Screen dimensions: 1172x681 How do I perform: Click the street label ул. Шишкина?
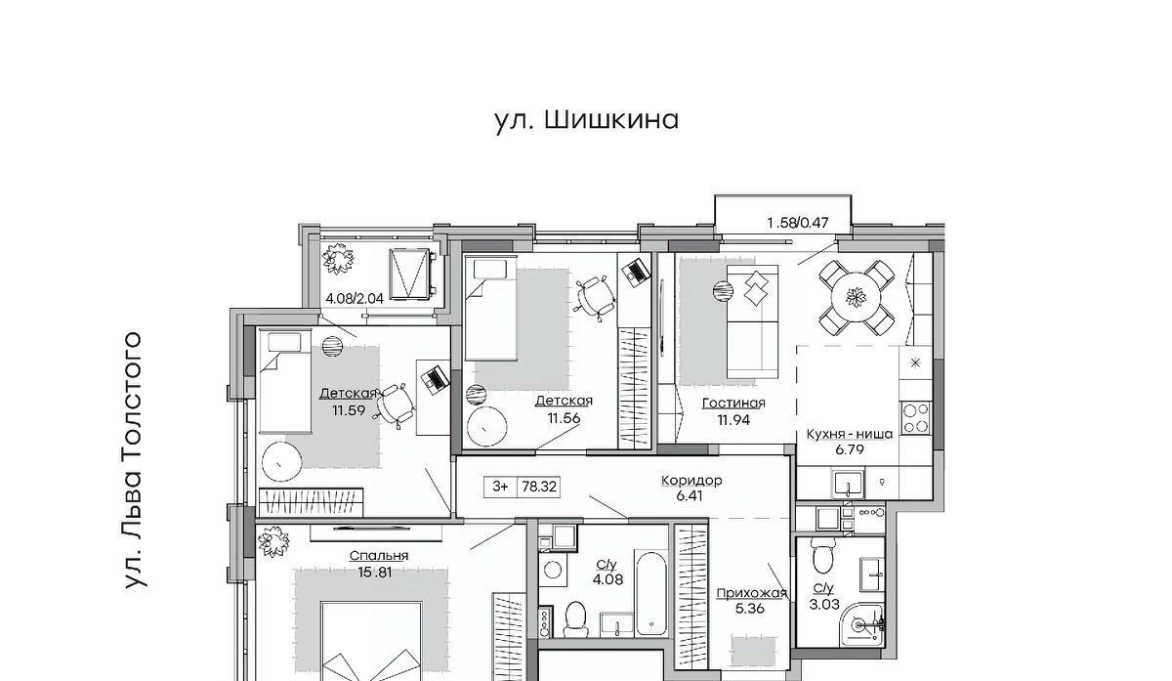tap(587, 120)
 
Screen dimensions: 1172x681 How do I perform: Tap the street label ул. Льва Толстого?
tap(134, 460)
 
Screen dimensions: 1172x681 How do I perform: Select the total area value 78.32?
tap(539, 487)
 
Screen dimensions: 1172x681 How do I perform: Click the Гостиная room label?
tap(733, 404)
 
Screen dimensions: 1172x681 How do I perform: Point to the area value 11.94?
tap(733, 420)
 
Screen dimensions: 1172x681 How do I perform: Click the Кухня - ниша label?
tap(849, 434)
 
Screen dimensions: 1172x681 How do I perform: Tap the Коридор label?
tap(691, 480)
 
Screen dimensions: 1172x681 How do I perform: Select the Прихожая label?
tap(751, 593)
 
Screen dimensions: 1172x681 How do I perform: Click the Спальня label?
tap(379, 556)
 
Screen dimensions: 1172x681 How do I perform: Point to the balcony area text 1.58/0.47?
tap(798, 223)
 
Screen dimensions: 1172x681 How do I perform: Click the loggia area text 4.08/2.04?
tap(355, 299)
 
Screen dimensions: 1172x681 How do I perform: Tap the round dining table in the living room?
tap(857, 299)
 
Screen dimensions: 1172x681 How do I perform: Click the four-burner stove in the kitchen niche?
tap(915, 418)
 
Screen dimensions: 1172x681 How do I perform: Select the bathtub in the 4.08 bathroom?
tap(650, 593)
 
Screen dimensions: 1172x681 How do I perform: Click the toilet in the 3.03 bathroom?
tap(822, 556)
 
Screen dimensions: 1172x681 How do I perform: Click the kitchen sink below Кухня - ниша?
tap(848, 484)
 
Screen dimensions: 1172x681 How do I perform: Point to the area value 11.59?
tap(349, 410)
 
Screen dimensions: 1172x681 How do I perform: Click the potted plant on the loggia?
tap(338, 258)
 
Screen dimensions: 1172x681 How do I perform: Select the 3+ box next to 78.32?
tap(501, 487)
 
